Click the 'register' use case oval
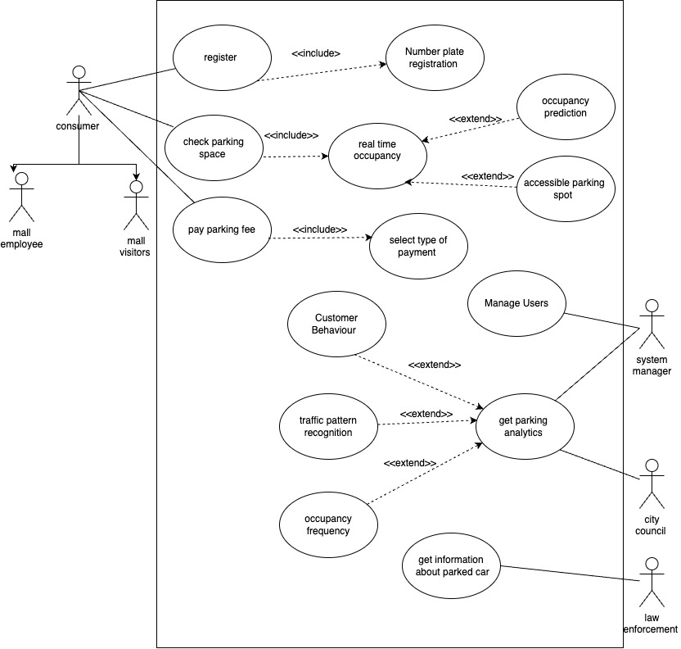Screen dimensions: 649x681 (x=220, y=57)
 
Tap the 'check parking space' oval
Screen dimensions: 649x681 (x=213, y=148)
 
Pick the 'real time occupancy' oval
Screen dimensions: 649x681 (x=377, y=150)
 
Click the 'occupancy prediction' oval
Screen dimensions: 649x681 (x=565, y=107)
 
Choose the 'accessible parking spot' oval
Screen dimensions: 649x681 (x=565, y=189)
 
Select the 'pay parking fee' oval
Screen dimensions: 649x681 (x=221, y=230)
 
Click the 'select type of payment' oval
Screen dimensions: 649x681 (x=418, y=246)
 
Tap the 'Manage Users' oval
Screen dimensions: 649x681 (x=516, y=304)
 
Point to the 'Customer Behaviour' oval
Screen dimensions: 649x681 (x=336, y=324)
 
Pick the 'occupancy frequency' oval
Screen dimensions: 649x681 (x=327, y=525)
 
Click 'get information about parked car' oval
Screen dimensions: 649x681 (x=452, y=565)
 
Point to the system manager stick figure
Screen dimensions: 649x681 (x=652, y=324)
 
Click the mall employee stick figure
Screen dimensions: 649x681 (x=21, y=197)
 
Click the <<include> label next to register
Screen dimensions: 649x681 (x=315, y=53)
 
